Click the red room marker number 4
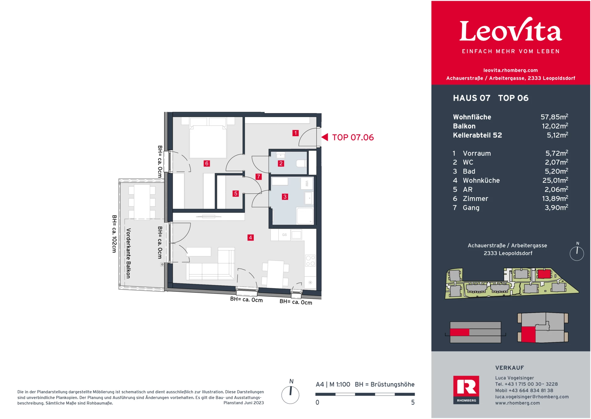(x=251, y=238)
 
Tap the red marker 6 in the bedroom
(x=207, y=164)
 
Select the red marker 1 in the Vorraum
(x=295, y=133)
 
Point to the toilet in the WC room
(x=301, y=163)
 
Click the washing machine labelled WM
(x=307, y=184)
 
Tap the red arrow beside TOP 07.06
(x=325, y=137)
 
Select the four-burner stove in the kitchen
(x=310, y=260)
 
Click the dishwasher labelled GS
(x=284, y=235)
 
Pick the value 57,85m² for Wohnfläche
(x=554, y=117)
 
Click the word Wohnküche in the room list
(x=481, y=181)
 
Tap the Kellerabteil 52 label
(x=477, y=135)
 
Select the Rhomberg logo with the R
(x=466, y=389)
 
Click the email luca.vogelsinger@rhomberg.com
(x=532, y=397)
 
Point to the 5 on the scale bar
(x=413, y=402)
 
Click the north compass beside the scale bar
(x=290, y=395)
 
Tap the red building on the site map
(x=544, y=274)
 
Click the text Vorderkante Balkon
(x=128, y=253)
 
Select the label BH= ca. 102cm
(x=114, y=234)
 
